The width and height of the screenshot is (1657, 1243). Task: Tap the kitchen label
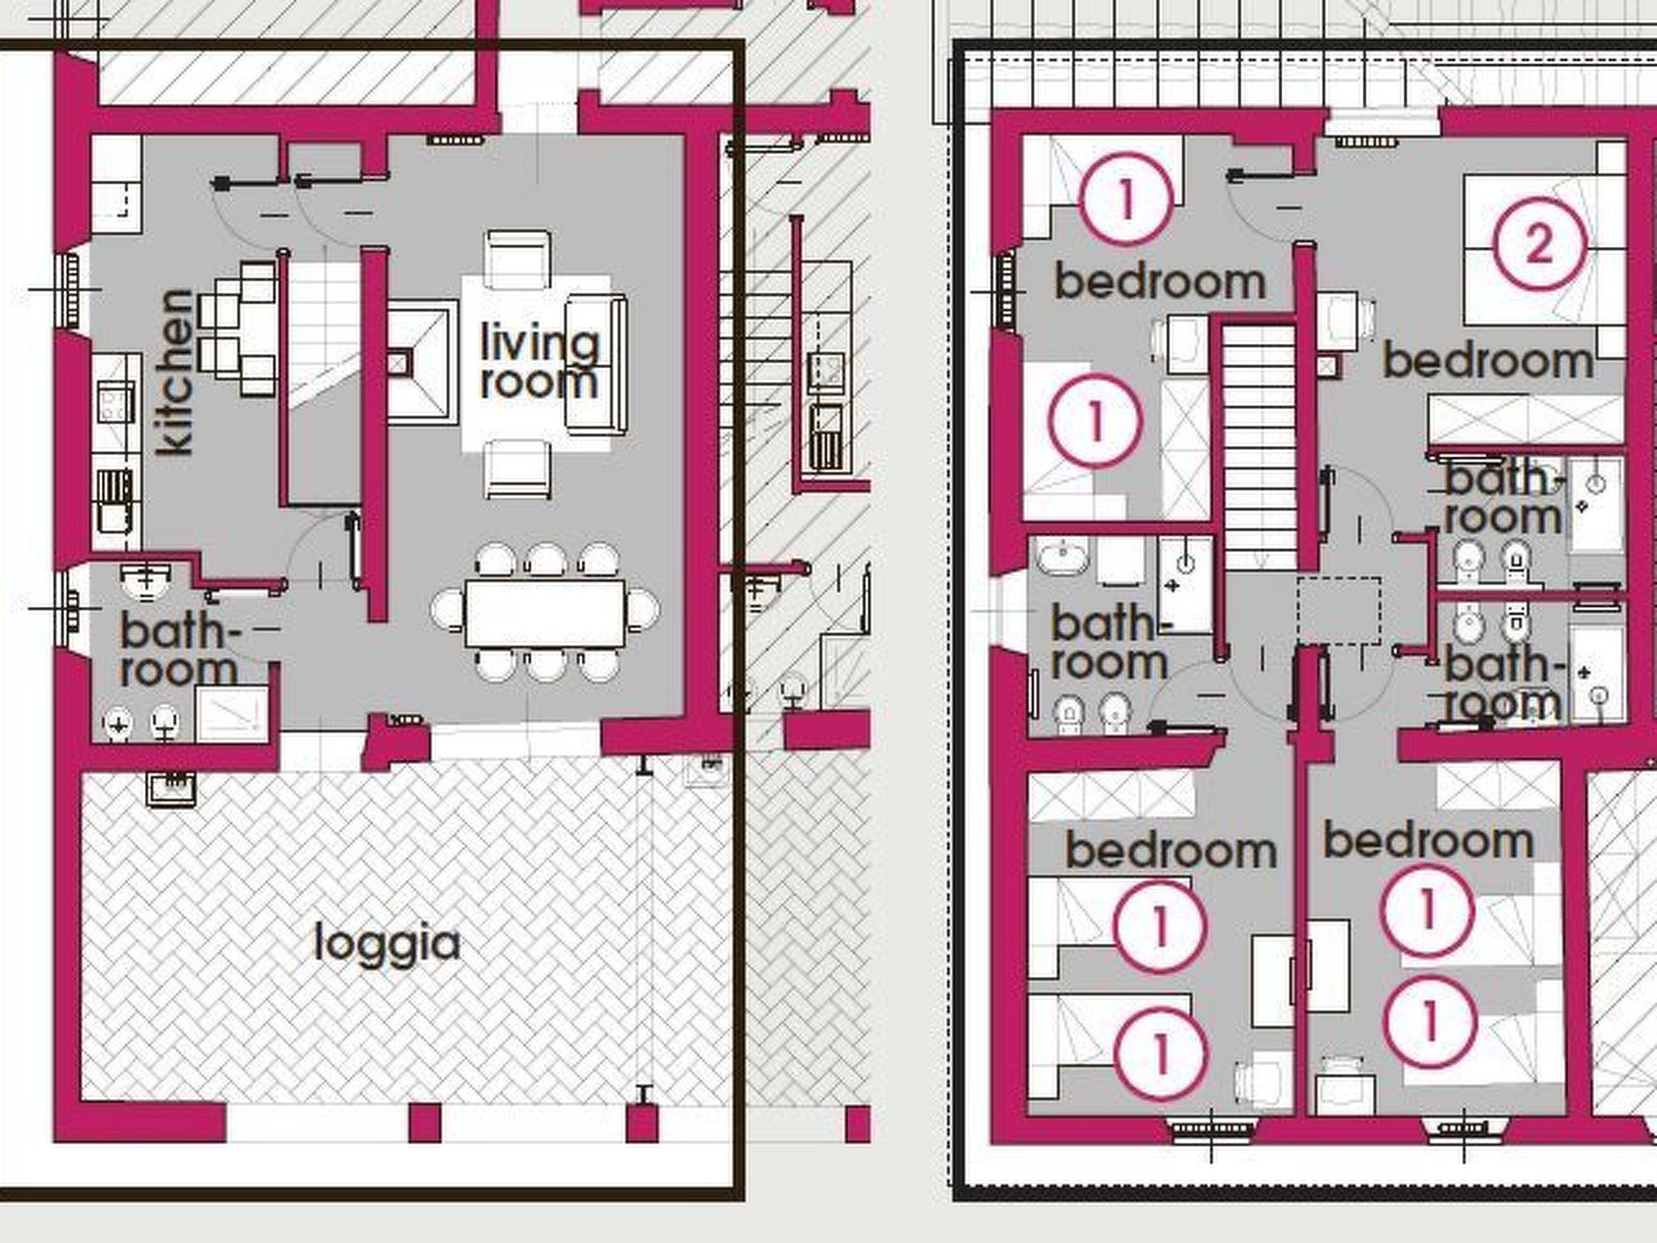176,372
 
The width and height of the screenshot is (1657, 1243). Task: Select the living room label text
539,362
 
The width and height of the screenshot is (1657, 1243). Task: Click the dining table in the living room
545,613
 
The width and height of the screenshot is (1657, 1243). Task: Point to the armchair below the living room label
519,469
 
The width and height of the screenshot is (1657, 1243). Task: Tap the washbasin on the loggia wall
171,787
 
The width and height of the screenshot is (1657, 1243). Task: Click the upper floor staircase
1258,445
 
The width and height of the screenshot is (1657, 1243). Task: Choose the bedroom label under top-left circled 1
1159,282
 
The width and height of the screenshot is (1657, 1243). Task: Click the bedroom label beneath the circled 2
1488,361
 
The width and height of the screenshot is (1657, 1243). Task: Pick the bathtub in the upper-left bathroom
1061,558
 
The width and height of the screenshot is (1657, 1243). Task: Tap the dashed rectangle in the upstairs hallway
1339,611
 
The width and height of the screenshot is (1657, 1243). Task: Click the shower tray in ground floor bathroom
232,714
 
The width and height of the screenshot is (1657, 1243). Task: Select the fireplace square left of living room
417,362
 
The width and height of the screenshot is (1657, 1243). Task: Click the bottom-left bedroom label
1171,851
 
